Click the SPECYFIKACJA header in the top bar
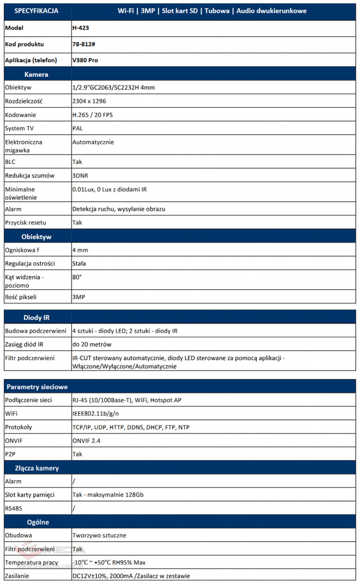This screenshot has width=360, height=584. [37, 11]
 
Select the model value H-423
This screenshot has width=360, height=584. [81, 28]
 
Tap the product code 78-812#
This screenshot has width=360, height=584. [83, 44]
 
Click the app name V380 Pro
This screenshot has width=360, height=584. [85, 60]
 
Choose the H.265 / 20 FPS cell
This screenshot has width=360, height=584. [92, 115]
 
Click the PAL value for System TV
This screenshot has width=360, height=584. [77, 128]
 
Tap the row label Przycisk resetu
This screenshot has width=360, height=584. [25, 222]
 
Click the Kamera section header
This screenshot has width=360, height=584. [36, 74]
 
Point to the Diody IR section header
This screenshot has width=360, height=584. [37, 317]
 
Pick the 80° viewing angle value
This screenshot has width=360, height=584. [77, 277]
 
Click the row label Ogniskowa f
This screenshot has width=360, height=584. [22, 250]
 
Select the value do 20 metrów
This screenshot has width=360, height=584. [91, 344]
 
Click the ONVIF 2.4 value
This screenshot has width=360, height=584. [86, 441]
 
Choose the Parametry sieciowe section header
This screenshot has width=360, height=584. [36, 387]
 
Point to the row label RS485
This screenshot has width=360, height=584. [14, 508]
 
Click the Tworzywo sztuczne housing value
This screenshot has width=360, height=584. [99, 535]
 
